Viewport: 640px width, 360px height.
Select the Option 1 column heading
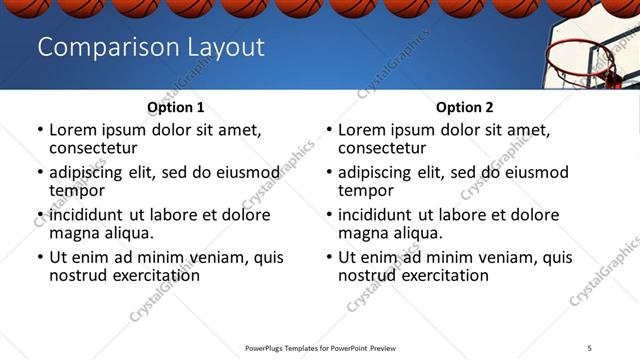(175, 107)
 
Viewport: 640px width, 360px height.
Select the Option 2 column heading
(464, 107)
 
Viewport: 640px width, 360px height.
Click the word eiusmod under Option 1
(244, 172)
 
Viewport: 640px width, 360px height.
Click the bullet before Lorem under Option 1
(40, 130)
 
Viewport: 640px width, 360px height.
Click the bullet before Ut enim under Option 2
(329, 257)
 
